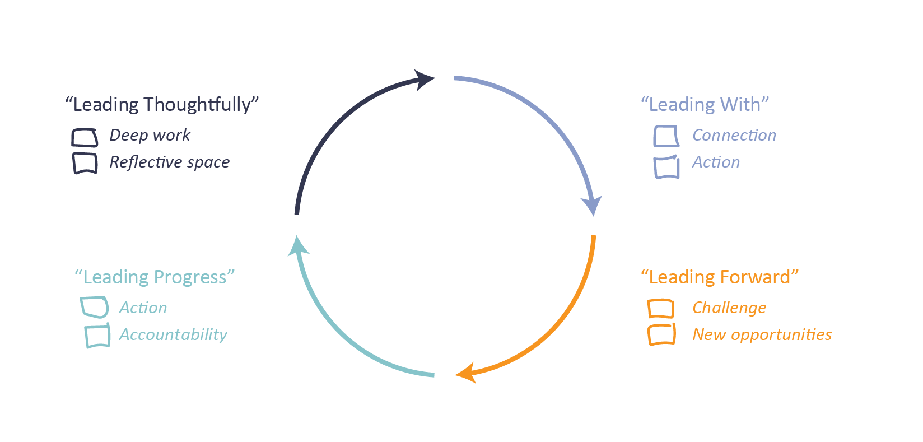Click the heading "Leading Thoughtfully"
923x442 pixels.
pos(162,105)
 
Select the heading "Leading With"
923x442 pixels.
pos(705,105)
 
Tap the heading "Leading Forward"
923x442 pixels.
pos(720,277)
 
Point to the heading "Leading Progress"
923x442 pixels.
pos(155,277)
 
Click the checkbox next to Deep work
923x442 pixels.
pos(85,137)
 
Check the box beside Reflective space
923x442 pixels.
pos(85,163)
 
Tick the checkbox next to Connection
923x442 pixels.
pos(666,136)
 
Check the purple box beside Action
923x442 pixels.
pos(666,167)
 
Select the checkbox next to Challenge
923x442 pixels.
pos(660,309)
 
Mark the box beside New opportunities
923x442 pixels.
pos(661,334)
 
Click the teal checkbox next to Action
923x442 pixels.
pos(94,307)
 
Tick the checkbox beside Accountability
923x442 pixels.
pos(97,336)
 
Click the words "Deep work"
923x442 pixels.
pos(150,136)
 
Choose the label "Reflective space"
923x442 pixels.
pos(169,162)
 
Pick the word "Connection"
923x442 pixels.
pos(734,136)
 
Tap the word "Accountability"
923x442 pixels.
pos(173,335)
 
